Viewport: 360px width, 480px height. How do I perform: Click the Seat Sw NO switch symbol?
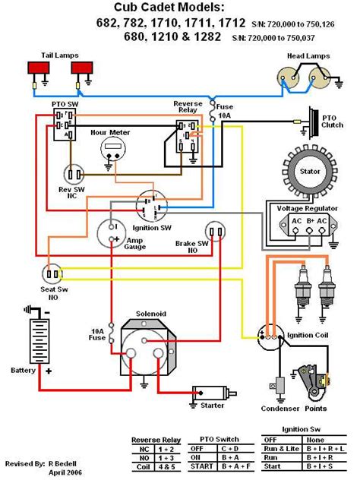(x=52, y=273)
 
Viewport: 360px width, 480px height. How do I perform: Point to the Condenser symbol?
(x=279, y=384)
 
